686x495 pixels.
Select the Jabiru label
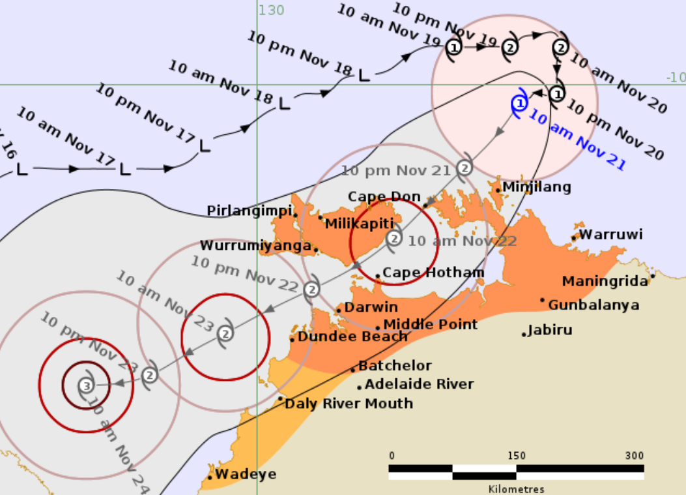click(550, 330)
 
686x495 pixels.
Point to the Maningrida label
click(605, 281)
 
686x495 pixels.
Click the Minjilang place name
click(537, 187)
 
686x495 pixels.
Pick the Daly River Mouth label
click(349, 404)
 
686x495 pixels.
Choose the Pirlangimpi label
click(250, 211)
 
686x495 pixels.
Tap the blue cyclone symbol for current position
click(519, 104)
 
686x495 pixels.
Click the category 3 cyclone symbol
click(86, 385)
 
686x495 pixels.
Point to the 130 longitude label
click(271, 10)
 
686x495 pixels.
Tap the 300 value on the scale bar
click(634, 455)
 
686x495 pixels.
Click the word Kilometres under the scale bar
click(516, 488)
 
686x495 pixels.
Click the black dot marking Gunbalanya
click(542, 300)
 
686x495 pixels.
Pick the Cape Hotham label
click(433, 273)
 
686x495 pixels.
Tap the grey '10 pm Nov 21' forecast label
click(396, 172)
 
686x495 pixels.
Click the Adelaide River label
click(419, 384)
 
